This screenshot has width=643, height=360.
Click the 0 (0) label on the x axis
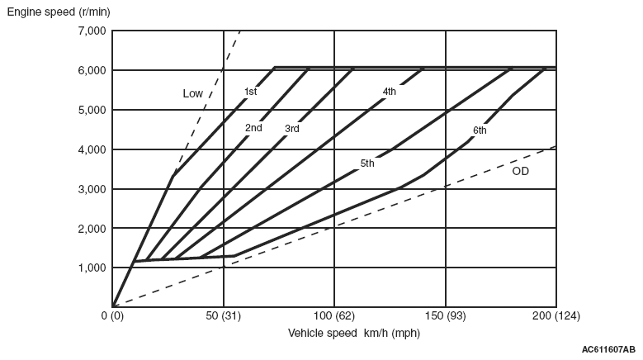click(112, 316)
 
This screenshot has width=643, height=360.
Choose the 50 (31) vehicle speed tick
click(223, 316)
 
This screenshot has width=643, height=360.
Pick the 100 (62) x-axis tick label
click(333, 316)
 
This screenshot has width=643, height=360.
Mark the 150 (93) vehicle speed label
click(445, 316)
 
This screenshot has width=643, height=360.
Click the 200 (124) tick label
click(556, 316)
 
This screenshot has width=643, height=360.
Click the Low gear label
click(192, 94)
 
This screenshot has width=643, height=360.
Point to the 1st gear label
click(251, 92)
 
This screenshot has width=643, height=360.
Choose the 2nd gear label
click(253, 128)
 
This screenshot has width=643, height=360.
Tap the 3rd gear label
click(292, 129)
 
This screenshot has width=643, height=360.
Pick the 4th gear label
click(390, 91)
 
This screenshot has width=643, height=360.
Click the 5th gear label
click(367, 163)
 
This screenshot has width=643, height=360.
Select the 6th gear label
click(480, 130)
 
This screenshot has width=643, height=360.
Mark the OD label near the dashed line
click(520, 172)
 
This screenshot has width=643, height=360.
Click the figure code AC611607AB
click(608, 350)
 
